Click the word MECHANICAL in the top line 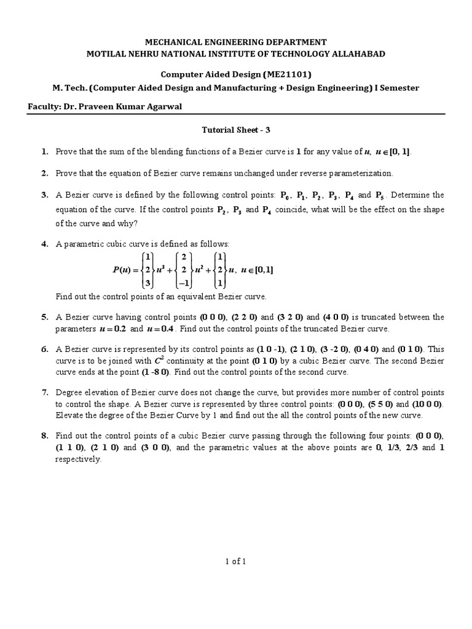coord(171,42)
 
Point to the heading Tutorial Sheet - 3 coord(236,131)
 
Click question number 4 coord(45,244)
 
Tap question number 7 coord(45,392)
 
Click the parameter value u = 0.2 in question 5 coord(111,329)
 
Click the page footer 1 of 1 coord(236,561)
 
